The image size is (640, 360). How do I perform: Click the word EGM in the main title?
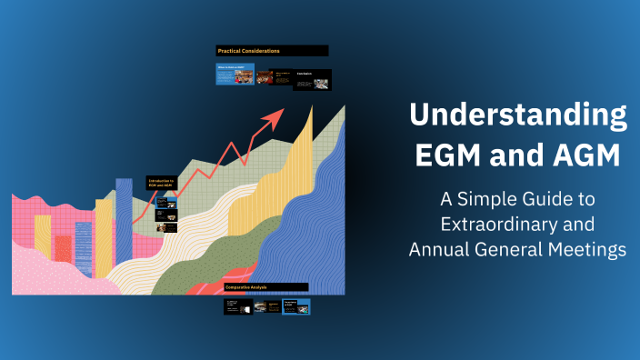point(451,155)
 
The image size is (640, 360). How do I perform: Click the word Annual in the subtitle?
point(439,248)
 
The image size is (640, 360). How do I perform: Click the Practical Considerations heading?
point(272,51)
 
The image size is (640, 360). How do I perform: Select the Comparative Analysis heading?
point(265,287)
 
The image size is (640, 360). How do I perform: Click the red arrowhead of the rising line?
point(274,115)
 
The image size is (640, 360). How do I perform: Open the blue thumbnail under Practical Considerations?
point(235,75)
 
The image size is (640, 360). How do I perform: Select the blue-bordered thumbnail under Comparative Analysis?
point(295,306)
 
